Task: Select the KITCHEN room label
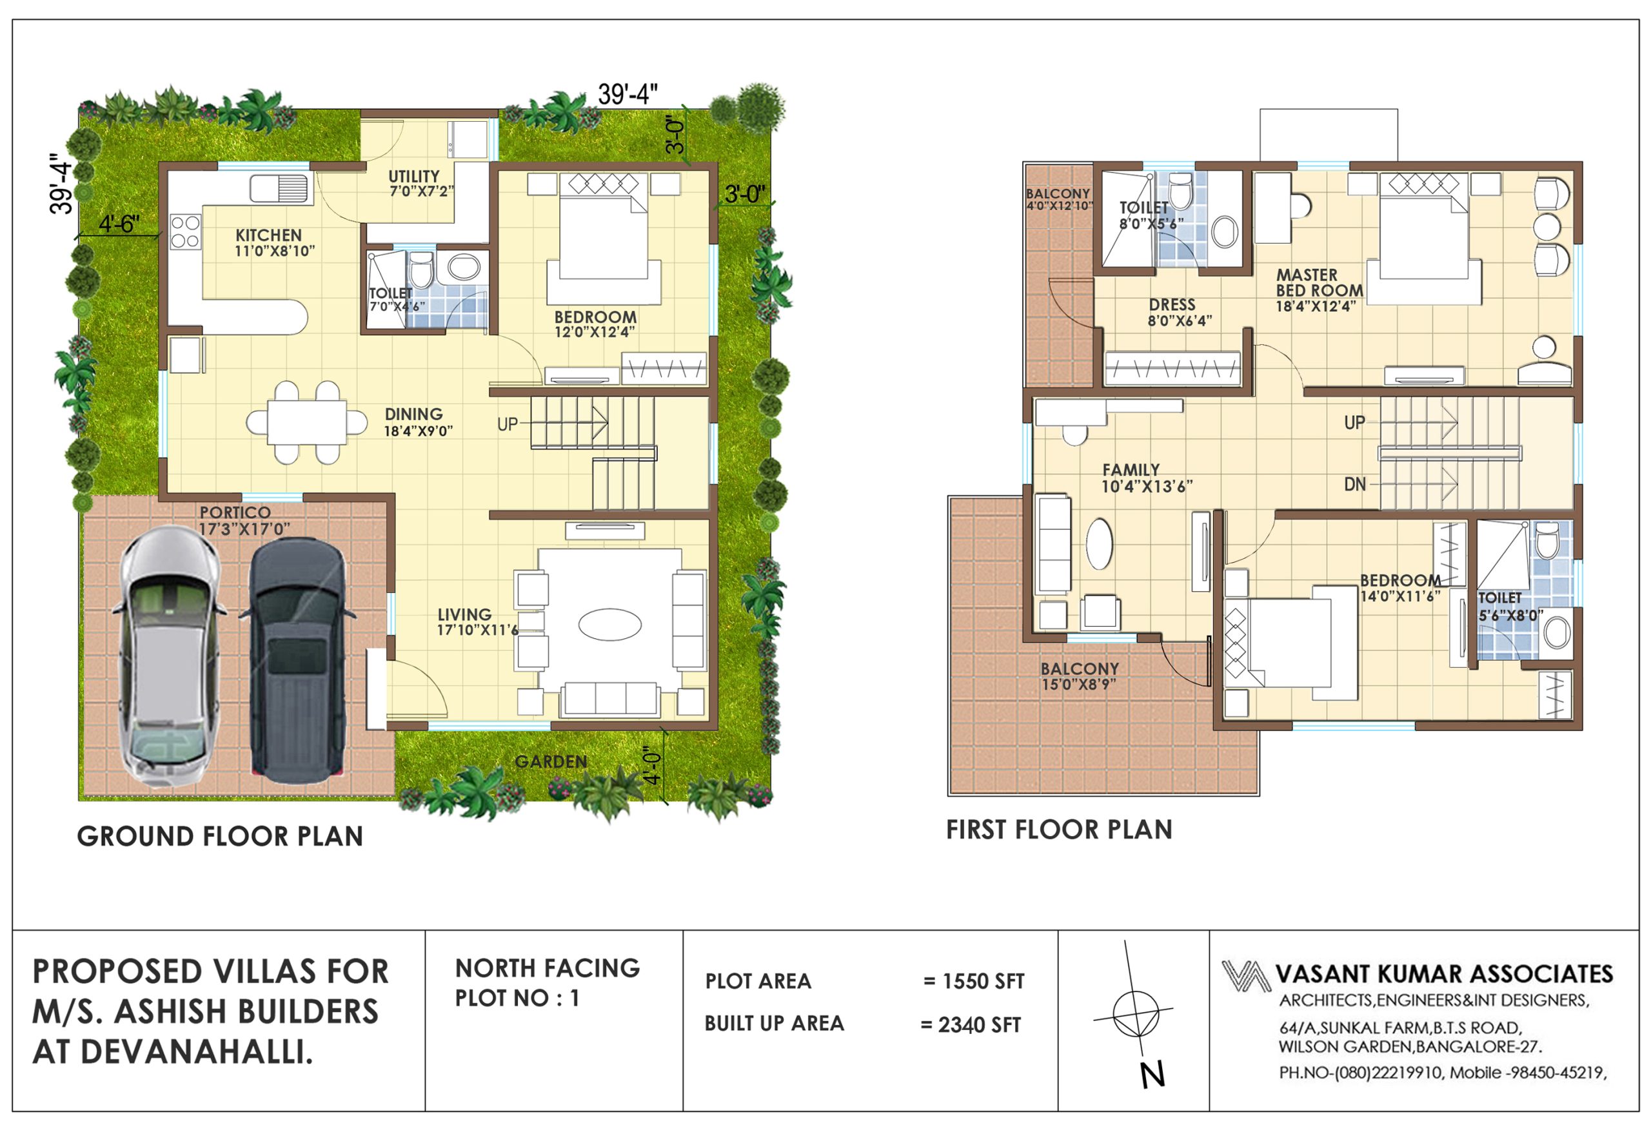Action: click(x=268, y=235)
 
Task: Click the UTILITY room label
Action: click(x=413, y=176)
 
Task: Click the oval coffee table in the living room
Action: click(x=609, y=625)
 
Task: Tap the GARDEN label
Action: click(x=551, y=762)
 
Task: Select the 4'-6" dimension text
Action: click(x=119, y=224)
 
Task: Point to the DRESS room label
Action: click(x=1172, y=305)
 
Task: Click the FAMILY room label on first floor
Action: click(x=1131, y=470)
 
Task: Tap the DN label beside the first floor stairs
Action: click(x=1355, y=484)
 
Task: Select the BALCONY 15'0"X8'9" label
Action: click(x=1080, y=676)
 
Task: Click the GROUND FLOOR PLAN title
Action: click(x=220, y=837)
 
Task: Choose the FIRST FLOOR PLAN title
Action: click(x=1059, y=830)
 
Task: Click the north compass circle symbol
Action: click(x=1135, y=1013)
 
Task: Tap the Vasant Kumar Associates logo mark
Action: click(x=1245, y=976)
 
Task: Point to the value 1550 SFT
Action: click(x=984, y=982)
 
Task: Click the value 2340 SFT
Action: click(x=979, y=1025)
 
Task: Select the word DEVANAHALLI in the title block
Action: click(x=197, y=1053)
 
